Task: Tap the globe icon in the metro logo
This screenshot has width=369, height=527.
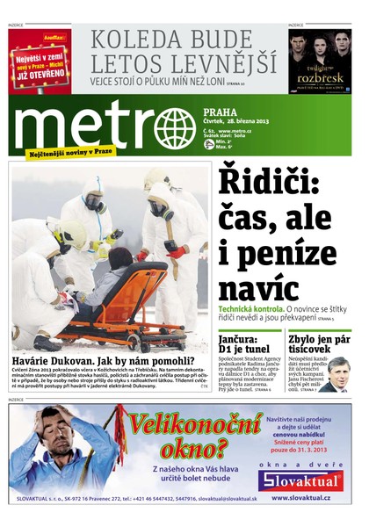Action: click(x=174, y=127)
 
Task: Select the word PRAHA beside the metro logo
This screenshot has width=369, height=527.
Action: click(x=220, y=112)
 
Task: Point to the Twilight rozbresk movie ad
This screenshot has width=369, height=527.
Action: click(x=320, y=61)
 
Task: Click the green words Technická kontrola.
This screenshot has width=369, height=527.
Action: click(x=250, y=310)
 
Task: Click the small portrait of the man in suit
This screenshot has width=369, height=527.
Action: click(x=337, y=372)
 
